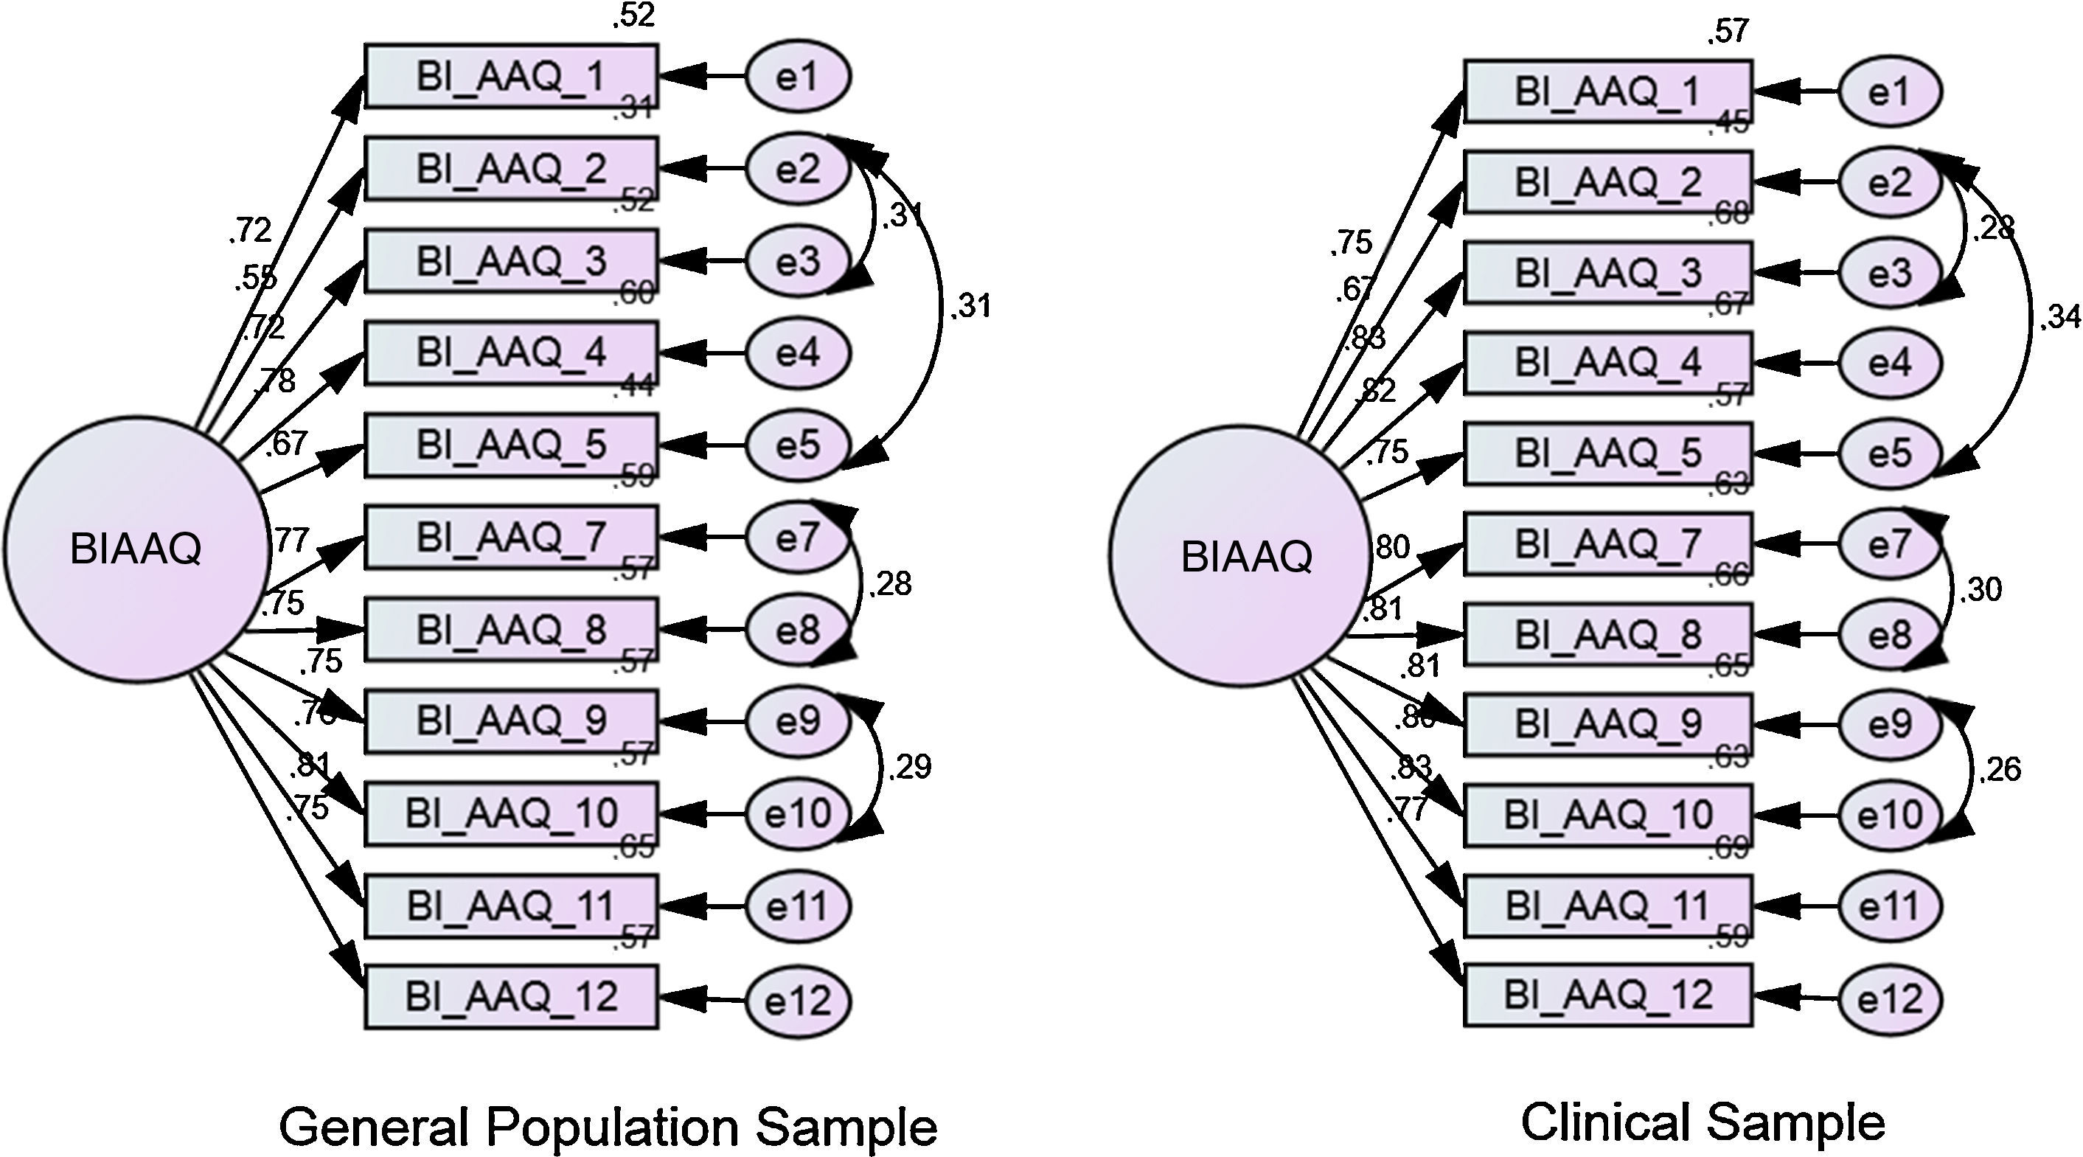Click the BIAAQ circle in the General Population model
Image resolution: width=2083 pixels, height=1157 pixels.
[x=136, y=550]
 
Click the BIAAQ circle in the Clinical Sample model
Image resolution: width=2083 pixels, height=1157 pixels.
[x=1240, y=556]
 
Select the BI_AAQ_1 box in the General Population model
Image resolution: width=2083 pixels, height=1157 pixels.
[x=511, y=77]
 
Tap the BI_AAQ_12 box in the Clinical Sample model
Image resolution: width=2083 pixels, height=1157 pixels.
[x=1608, y=996]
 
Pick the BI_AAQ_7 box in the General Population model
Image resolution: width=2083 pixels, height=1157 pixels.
[x=511, y=537]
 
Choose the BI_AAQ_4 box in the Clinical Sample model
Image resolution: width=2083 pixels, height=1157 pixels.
[x=1608, y=363]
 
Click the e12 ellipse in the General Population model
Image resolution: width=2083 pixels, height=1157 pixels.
[x=797, y=1001]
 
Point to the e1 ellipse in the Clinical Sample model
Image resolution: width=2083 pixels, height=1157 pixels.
[x=1890, y=92]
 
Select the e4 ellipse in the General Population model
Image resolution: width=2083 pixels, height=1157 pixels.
[x=797, y=353]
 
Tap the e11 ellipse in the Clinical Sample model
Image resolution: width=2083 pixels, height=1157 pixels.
[x=1890, y=906]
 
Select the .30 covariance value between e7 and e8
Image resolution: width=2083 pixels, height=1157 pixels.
[x=1981, y=590]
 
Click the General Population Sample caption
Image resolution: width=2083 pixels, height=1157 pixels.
[x=608, y=1127]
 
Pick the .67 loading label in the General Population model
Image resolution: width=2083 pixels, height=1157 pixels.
[x=286, y=443]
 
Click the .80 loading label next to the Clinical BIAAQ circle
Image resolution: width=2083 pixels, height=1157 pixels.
[x=1391, y=547]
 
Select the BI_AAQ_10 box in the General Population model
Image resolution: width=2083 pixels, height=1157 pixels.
[x=511, y=814]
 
